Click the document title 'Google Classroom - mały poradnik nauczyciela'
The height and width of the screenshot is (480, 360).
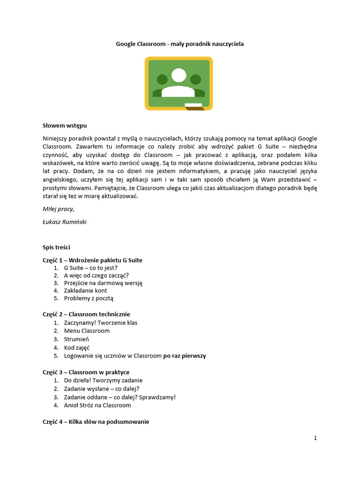click(x=180, y=44)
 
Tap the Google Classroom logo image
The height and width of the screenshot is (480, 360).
click(x=179, y=83)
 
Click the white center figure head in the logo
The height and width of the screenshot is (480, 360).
click(x=179, y=75)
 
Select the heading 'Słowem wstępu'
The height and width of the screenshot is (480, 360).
click(x=65, y=126)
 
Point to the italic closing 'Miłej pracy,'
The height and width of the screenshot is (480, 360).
click(x=59, y=209)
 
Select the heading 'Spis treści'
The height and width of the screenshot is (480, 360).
click(x=57, y=247)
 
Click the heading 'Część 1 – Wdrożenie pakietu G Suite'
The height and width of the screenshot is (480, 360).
click(x=92, y=260)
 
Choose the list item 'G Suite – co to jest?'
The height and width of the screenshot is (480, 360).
click(x=91, y=268)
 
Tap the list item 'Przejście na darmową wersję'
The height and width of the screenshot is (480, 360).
click(x=103, y=283)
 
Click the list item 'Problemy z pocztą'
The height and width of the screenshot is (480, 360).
click(x=89, y=298)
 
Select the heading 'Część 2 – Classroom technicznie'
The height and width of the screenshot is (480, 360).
click(x=86, y=314)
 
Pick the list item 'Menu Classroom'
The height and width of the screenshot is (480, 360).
click(x=87, y=331)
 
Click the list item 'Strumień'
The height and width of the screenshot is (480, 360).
click(x=76, y=339)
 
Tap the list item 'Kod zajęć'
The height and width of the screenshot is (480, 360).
click(x=77, y=348)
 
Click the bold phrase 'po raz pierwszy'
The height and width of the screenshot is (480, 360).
click(x=184, y=356)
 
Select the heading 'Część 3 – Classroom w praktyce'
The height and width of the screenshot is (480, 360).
click(x=86, y=372)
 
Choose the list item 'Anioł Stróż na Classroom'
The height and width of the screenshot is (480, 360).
click(x=97, y=405)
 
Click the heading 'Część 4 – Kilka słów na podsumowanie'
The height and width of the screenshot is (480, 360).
click(x=96, y=422)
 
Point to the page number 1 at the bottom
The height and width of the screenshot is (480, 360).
click(x=315, y=438)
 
